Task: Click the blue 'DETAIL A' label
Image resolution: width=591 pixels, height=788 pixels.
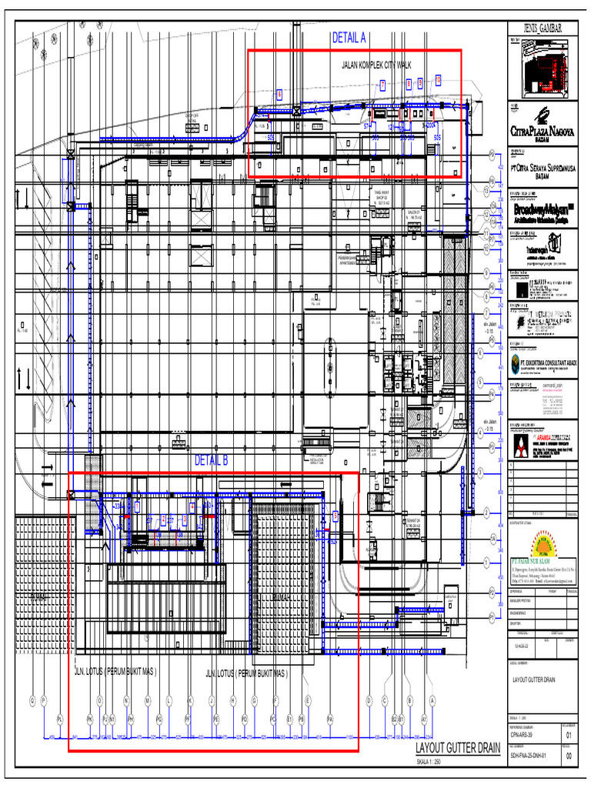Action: click(x=349, y=38)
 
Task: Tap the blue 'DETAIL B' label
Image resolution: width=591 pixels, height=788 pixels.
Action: click(x=212, y=461)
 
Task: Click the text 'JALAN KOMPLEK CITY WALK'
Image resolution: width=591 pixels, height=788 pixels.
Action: click(x=376, y=65)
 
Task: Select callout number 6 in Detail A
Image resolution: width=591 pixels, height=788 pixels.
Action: click(x=279, y=94)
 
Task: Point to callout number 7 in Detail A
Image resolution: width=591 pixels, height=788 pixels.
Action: click(x=382, y=85)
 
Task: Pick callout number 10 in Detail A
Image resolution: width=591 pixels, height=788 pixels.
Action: click(x=438, y=80)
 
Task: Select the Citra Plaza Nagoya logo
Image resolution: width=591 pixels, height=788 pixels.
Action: click(x=543, y=123)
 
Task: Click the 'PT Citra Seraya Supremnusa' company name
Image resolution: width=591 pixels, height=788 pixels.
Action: click(x=543, y=169)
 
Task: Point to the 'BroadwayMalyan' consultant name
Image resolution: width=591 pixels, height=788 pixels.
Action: click(x=544, y=209)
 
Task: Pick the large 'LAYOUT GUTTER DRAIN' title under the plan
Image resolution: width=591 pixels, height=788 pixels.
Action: click(x=457, y=748)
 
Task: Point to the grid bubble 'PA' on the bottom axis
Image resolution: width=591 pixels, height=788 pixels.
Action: click(x=329, y=719)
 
